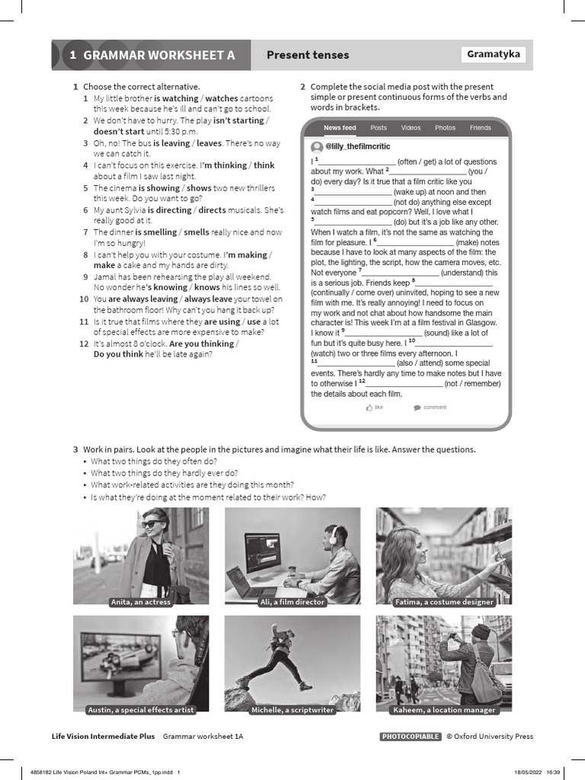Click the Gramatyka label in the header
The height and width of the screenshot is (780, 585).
point(494,54)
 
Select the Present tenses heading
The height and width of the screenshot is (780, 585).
point(307,55)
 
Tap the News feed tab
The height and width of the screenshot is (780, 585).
point(339,128)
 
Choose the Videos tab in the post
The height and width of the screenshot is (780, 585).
point(411,128)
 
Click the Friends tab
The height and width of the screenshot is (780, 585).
point(480,128)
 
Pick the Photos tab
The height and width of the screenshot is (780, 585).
point(445,128)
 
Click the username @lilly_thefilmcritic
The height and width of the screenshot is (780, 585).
point(357,145)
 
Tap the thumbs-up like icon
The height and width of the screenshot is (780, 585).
point(369,408)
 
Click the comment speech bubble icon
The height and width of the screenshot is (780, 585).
point(417,408)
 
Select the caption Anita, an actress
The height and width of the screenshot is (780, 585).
point(141,602)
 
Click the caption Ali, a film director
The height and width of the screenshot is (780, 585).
point(292,602)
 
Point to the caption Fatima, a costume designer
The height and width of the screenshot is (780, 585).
point(444,602)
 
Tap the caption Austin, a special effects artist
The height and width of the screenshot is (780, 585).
point(141,710)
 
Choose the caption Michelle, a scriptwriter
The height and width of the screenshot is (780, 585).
point(292,710)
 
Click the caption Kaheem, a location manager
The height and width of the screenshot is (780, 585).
point(444,710)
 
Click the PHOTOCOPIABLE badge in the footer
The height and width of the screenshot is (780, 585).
point(410,737)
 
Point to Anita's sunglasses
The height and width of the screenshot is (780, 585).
point(151,524)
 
